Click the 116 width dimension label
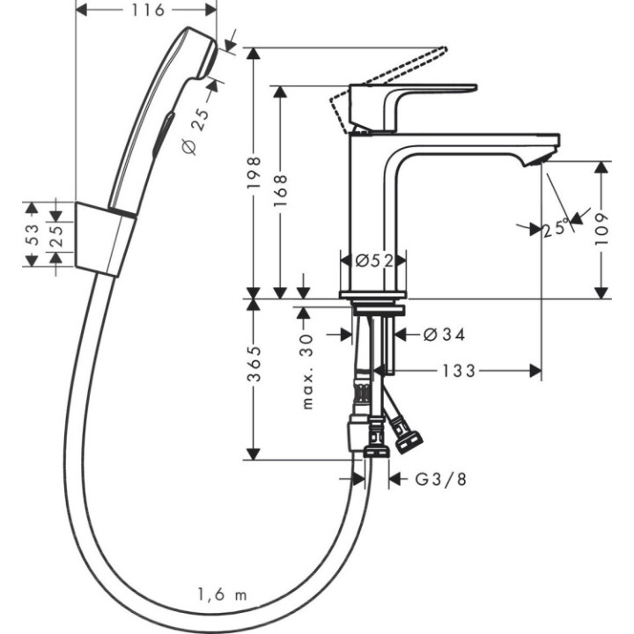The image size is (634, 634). (x=147, y=11)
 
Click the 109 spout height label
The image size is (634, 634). (x=602, y=229)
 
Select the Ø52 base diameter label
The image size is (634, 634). (x=372, y=260)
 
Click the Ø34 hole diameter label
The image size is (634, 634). (x=444, y=335)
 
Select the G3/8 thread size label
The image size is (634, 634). (x=439, y=480)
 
